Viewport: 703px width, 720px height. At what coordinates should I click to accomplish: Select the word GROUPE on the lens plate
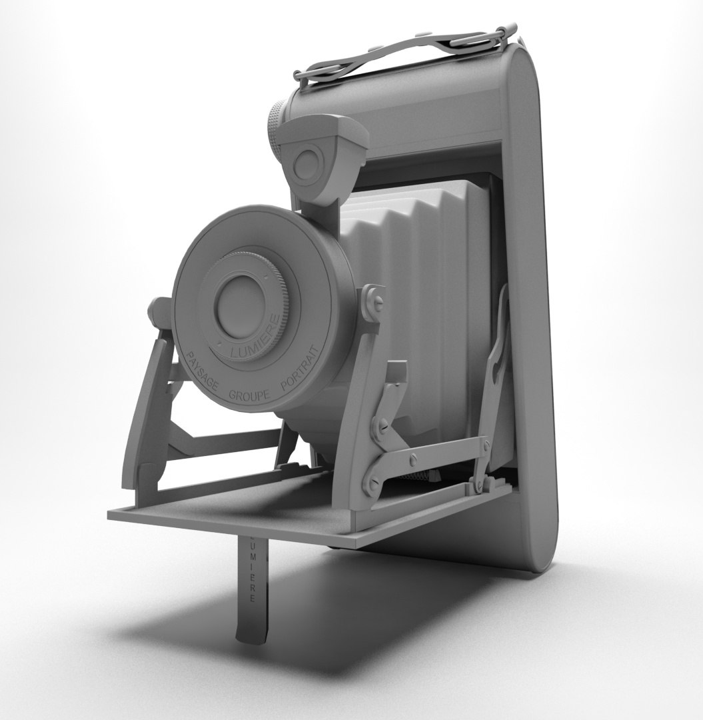point(249,395)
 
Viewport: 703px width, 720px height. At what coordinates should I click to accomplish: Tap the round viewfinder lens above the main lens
point(307,164)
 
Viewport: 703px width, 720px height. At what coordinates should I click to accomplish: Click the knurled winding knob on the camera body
point(275,129)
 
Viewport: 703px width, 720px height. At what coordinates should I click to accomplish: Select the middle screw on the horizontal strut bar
point(414,459)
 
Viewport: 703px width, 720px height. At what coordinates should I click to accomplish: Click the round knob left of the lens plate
point(159,312)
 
